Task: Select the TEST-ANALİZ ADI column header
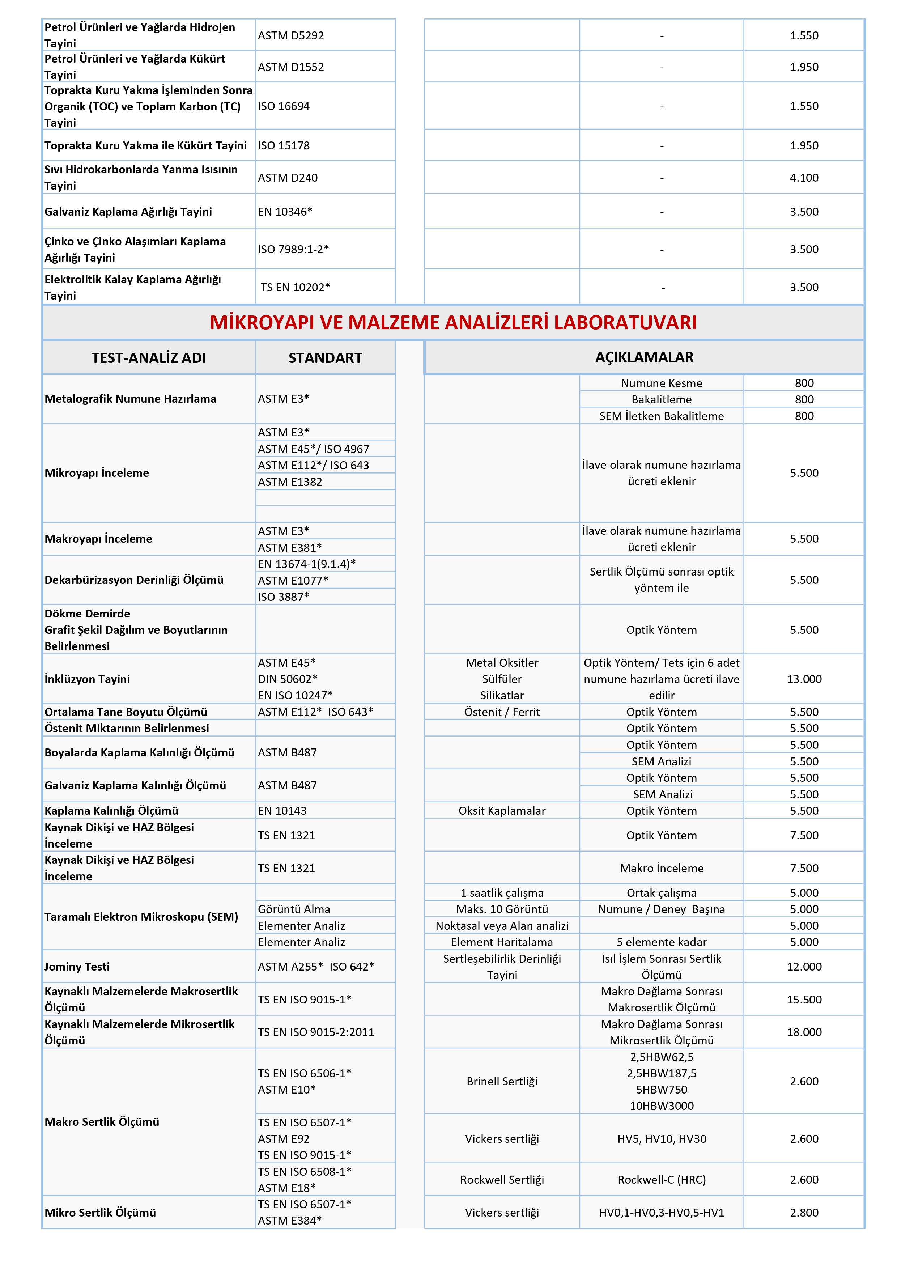point(148,358)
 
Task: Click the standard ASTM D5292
point(291,35)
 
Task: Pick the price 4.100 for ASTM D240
point(804,177)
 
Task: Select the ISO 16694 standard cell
point(284,106)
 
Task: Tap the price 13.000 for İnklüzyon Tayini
point(804,679)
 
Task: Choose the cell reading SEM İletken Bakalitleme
point(661,416)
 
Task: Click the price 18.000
point(804,1032)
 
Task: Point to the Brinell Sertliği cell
point(502,1081)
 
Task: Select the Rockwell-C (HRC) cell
point(661,1179)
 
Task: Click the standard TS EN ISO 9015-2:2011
point(316,1032)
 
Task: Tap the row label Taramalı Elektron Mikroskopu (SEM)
point(141,916)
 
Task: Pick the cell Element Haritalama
point(502,942)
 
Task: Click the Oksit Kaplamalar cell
point(502,810)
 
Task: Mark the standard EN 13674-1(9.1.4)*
point(307,564)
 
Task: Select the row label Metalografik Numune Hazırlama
point(131,399)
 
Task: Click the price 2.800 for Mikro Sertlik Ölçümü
point(804,1212)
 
